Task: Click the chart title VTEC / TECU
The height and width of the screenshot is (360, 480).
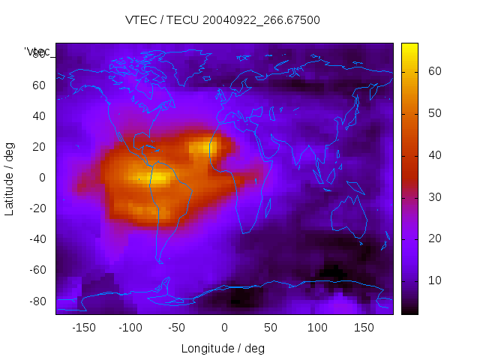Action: pyautogui.click(x=223, y=20)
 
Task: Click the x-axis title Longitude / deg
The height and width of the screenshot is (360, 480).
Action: pyautogui.click(x=223, y=348)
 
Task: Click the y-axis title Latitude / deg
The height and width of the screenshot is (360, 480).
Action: pyautogui.click(x=10, y=177)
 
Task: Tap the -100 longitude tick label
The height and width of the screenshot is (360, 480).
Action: pyautogui.click(x=130, y=327)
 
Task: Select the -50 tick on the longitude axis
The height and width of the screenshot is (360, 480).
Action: pyautogui.click(x=177, y=327)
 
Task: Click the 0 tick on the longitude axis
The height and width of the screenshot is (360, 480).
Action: pyautogui.click(x=224, y=327)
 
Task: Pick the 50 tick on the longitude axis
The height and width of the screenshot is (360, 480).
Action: pyautogui.click(x=271, y=327)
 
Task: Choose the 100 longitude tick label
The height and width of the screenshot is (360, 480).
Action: pyautogui.click(x=317, y=327)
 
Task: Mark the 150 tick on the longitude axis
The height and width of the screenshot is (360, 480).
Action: pyautogui.click(x=364, y=327)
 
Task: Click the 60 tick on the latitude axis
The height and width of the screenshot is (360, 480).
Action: pyautogui.click(x=39, y=85)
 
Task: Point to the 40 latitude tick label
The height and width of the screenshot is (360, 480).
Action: pyautogui.click(x=39, y=115)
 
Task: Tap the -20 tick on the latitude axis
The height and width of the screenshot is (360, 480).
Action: pyautogui.click(x=37, y=208)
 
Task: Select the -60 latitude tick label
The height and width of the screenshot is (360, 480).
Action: pyautogui.click(x=37, y=270)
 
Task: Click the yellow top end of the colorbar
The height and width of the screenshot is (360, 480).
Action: pyautogui.click(x=409, y=47)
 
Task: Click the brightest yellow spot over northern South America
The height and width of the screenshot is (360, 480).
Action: pyautogui.click(x=159, y=178)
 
